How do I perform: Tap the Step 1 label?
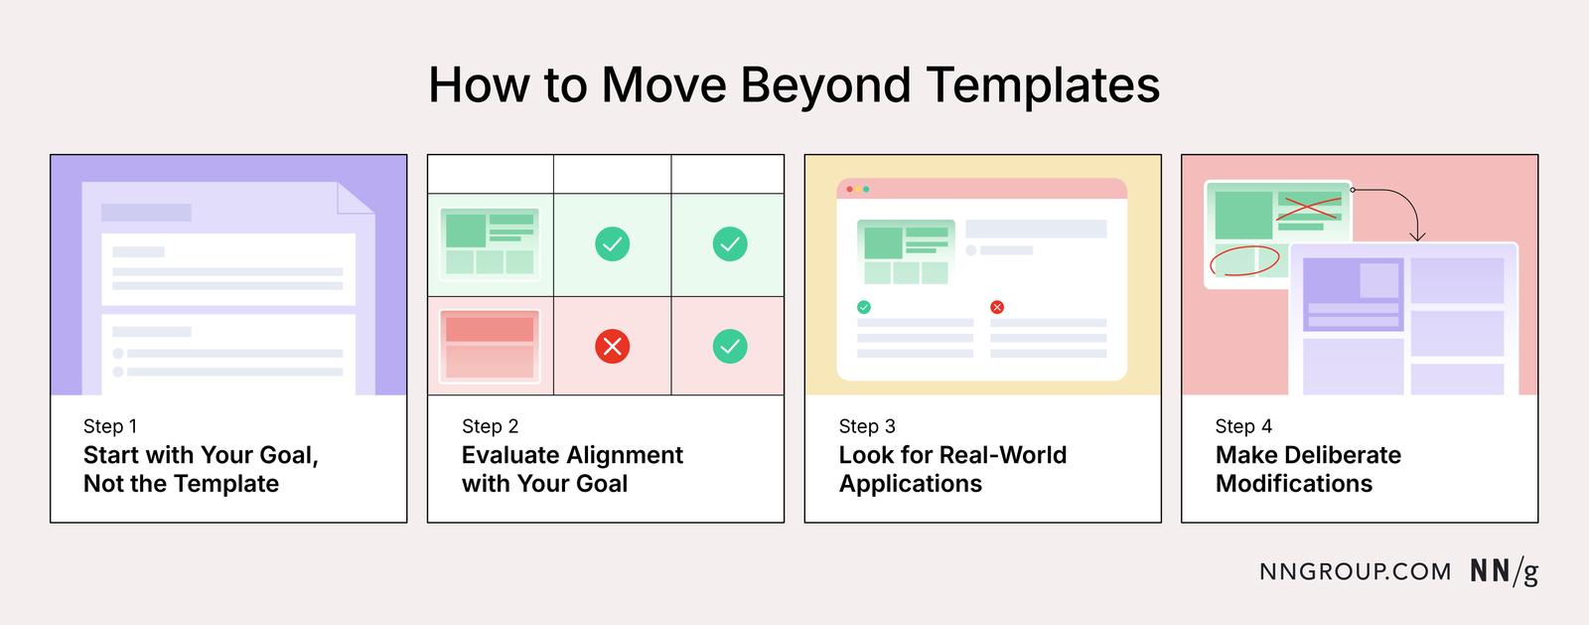pos(110,426)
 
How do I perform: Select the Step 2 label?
pos(490,426)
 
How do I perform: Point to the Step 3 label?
pos(867,426)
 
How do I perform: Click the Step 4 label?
pos(1243,426)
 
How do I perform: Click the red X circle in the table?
pos(612,346)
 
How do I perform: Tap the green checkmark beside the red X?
pos(730,346)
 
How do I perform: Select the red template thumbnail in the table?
pos(490,346)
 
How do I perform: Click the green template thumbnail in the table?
pos(490,244)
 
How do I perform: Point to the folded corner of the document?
pos(356,198)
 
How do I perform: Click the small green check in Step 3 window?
pos(864,307)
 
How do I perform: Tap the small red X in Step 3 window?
pos(997,307)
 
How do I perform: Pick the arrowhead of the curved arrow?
pos(1418,236)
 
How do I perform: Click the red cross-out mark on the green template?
pos(1307,208)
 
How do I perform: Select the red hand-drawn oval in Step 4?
pos(1243,260)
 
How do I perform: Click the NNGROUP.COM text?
pos(1355,572)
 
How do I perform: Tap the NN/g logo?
pos(1504,572)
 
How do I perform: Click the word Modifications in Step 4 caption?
pos(1294,484)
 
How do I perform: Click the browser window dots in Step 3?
pos(857,189)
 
